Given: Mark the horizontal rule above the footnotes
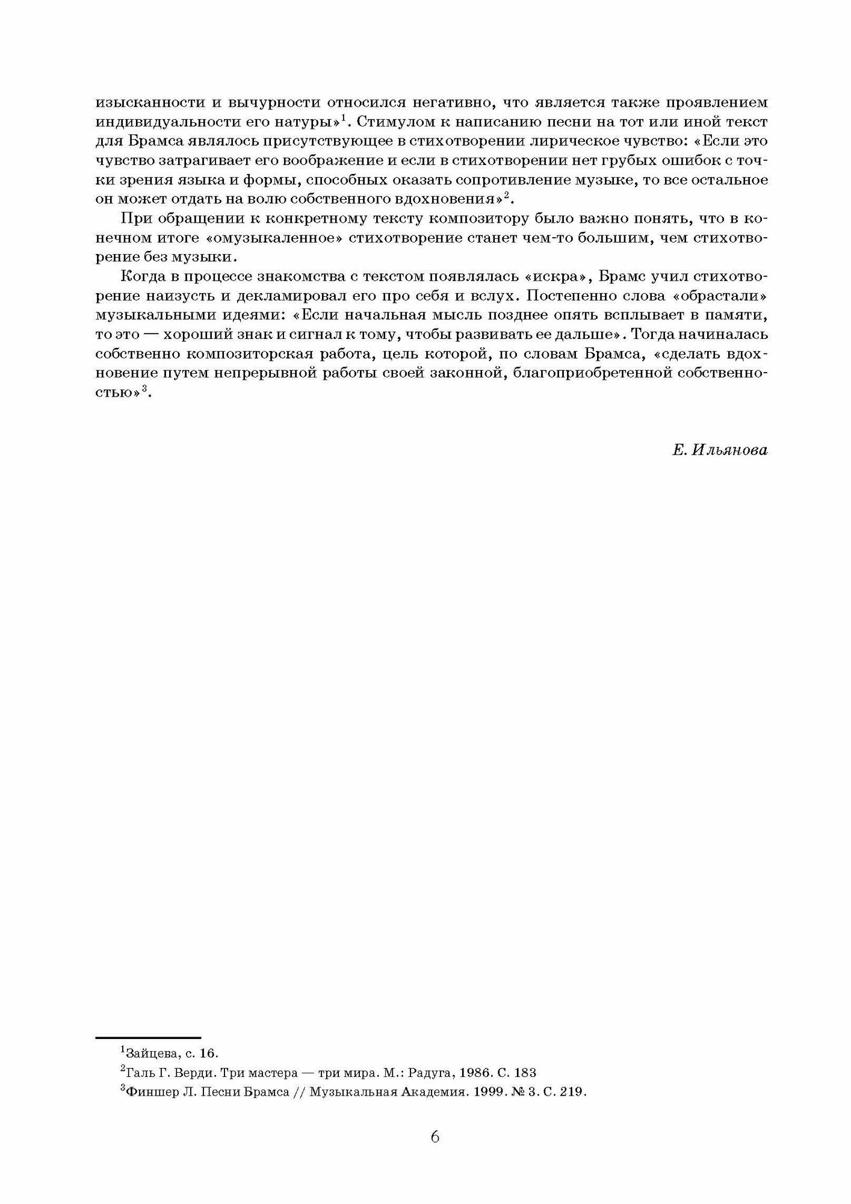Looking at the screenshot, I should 148,1037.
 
